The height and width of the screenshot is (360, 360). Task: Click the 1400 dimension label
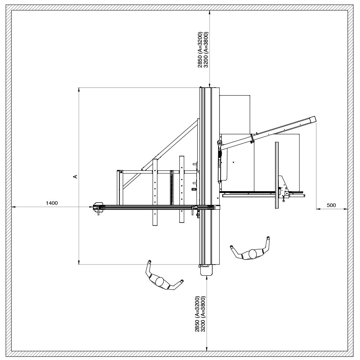click(52, 203)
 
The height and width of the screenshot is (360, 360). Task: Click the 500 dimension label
click(331, 205)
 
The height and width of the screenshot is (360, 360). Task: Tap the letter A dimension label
click(75, 176)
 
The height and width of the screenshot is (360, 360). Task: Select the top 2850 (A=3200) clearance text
click(200, 50)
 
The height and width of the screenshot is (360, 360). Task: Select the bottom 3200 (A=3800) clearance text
click(203, 314)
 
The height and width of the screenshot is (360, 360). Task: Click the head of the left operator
click(160, 282)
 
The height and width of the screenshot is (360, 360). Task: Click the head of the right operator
click(253, 254)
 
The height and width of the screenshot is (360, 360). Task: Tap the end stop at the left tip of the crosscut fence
click(98, 207)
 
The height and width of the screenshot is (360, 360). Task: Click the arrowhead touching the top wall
click(210, 13)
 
